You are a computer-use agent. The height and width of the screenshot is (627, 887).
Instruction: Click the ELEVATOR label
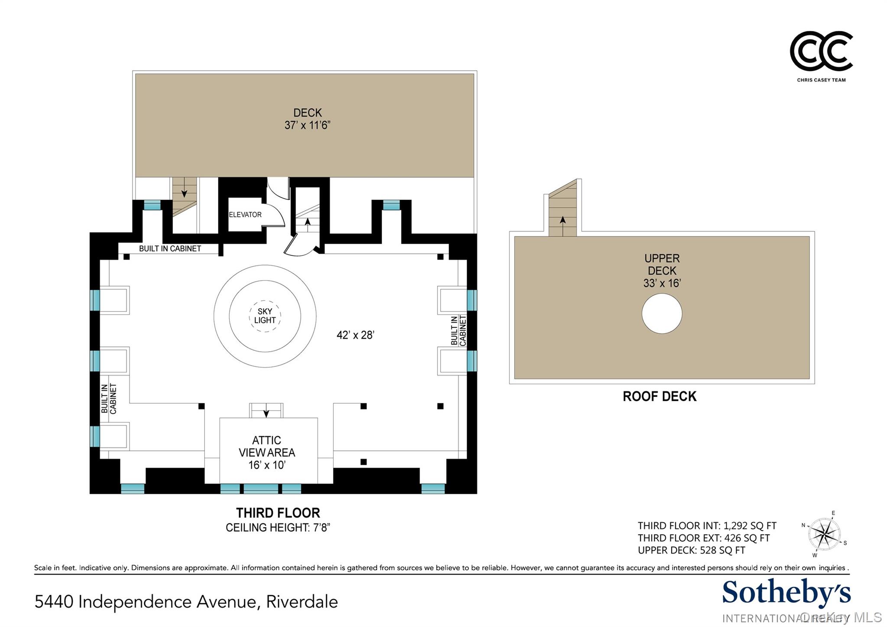pyautogui.click(x=245, y=215)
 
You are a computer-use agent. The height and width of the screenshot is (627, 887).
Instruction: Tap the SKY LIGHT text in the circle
pyautogui.click(x=265, y=316)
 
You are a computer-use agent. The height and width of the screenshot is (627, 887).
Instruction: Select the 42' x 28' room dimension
pyautogui.click(x=355, y=335)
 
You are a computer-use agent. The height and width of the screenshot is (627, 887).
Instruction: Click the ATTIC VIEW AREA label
pyautogui.click(x=267, y=446)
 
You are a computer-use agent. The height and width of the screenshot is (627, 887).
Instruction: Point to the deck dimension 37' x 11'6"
pyautogui.click(x=308, y=125)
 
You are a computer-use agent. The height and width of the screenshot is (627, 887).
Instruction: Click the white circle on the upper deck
pyautogui.click(x=662, y=313)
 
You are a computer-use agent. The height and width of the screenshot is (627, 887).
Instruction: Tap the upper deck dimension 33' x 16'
pyautogui.click(x=662, y=283)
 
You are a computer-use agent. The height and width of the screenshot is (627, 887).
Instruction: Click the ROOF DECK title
pyautogui.click(x=659, y=396)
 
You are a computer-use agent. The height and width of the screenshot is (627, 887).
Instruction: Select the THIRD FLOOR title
pyautogui.click(x=278, y=513)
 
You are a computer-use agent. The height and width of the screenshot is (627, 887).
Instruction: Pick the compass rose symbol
pyautogui.click(x=825, y=534)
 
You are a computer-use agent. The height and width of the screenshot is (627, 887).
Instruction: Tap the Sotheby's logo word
pyautogui.click(x=786, y=593)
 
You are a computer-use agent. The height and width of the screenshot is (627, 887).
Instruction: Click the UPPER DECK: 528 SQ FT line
pyautogui.click(x=691, y=550)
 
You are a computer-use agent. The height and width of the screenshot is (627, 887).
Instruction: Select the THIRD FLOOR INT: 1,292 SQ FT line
pyautogui.click(x=707, y=526)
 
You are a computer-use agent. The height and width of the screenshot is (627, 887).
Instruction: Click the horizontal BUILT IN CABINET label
pyautogui.click(x=170, y=248)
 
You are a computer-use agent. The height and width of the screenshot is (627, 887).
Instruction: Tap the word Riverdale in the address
pyautogui.click(x=302, y=602)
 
